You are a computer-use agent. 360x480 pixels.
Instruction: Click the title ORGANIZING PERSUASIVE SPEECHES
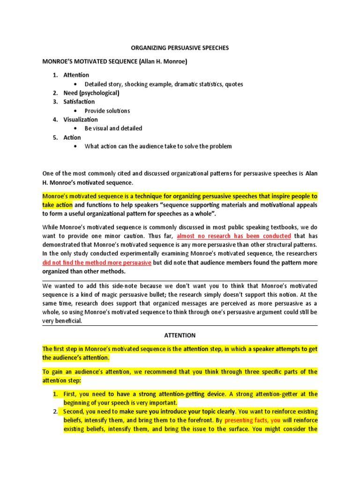click(180, 48)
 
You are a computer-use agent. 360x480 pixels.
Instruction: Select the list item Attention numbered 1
click(76, 75)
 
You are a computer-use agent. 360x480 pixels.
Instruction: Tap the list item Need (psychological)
click(91, 93)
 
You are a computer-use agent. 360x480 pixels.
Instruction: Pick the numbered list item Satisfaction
click(79, 102)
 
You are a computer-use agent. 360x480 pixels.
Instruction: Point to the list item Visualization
click(81, 120)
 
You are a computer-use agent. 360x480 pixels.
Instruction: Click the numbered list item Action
click(72, 137)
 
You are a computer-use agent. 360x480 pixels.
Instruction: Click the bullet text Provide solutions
click(107, 111)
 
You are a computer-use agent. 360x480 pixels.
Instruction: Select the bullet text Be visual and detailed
click(113, 128)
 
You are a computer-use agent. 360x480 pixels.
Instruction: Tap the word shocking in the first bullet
click(138, 84)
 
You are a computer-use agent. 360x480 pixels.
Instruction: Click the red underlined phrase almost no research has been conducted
click(233, 236)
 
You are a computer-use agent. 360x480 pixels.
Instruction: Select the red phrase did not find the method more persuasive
click(97, 262)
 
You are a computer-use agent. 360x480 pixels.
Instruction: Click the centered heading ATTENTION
click(180, 335)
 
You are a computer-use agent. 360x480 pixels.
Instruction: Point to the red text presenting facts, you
click(252, 420)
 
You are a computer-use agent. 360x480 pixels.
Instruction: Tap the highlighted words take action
click(57, 205)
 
